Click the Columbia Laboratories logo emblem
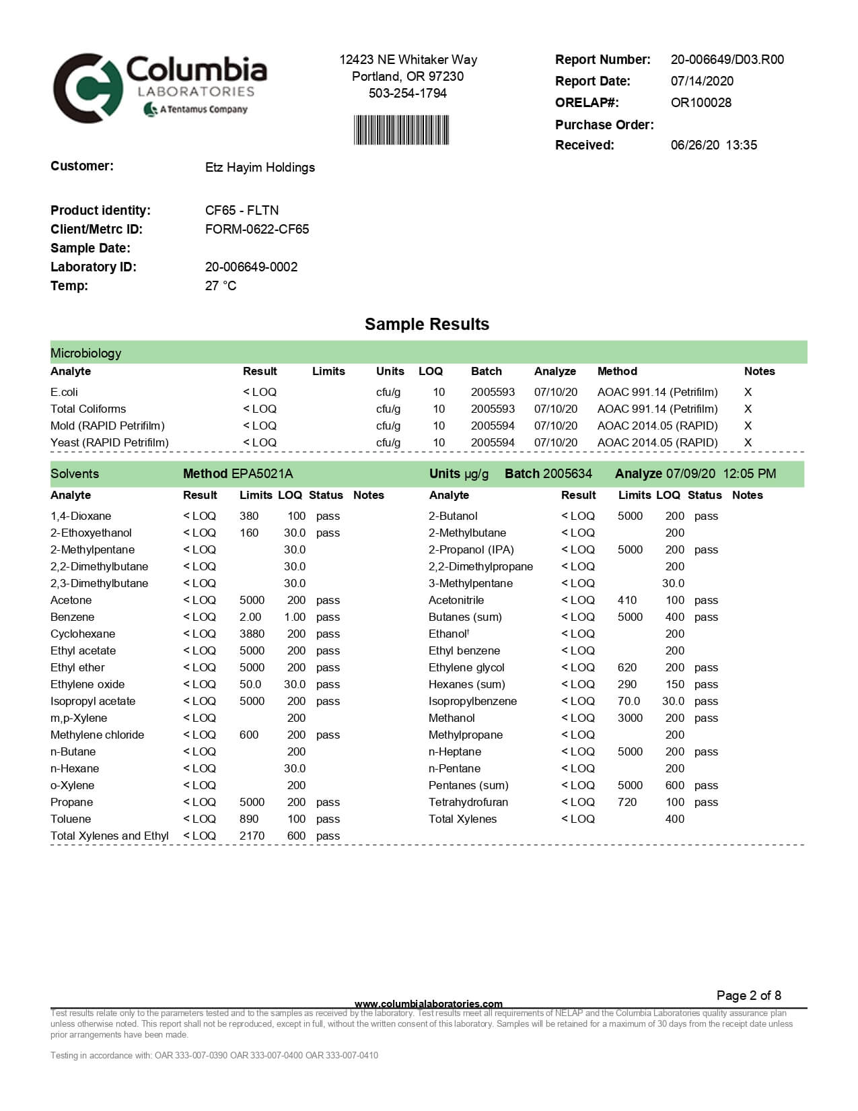tap(87, 88)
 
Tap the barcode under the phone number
tap(401, 130)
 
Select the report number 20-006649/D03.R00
tap(727, 59)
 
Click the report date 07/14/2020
tap(702, 81)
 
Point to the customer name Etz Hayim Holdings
tap(260, 167)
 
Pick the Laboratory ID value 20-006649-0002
tap(251, 267)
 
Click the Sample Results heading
tap(427, 324)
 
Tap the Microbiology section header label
tap(86, 353)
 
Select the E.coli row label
tap(64, 392)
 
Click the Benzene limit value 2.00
tap(250, 617)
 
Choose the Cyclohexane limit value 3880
tap(252, 634)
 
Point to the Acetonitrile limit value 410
tap(627, 600)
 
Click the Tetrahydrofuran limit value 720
tap(627, 802)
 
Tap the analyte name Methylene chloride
tap(97, 735)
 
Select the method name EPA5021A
tap(262, 473)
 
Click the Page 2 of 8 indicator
tap(748, 995)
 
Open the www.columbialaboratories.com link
tap(428, 1004)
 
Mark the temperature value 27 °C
tap(221, 285)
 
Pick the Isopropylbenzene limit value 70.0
tap(629, 701)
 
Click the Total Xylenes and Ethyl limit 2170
tap(252, 836)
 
